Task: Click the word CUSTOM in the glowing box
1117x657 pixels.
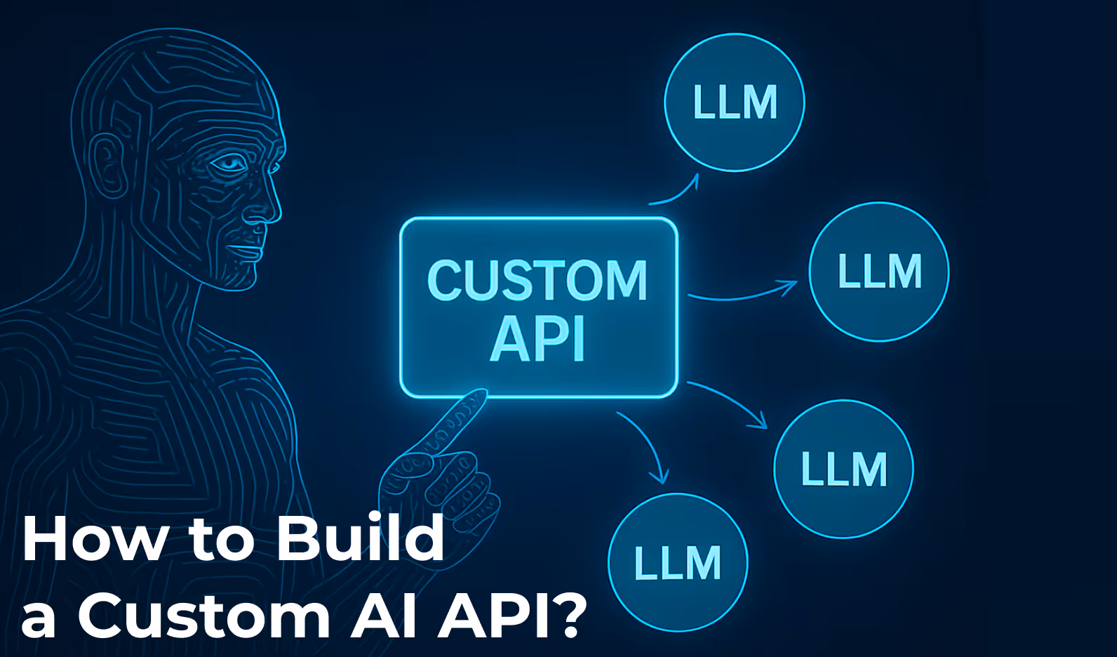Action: (537, 280)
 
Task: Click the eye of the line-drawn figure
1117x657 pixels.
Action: (229, 164)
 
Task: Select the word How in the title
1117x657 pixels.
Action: (95, 539)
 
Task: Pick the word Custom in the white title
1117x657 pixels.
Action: (203, 615)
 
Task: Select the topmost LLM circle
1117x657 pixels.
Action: (735, 102)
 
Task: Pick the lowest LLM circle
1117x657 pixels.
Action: (678, 562)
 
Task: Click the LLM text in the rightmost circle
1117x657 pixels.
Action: (880, 272)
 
